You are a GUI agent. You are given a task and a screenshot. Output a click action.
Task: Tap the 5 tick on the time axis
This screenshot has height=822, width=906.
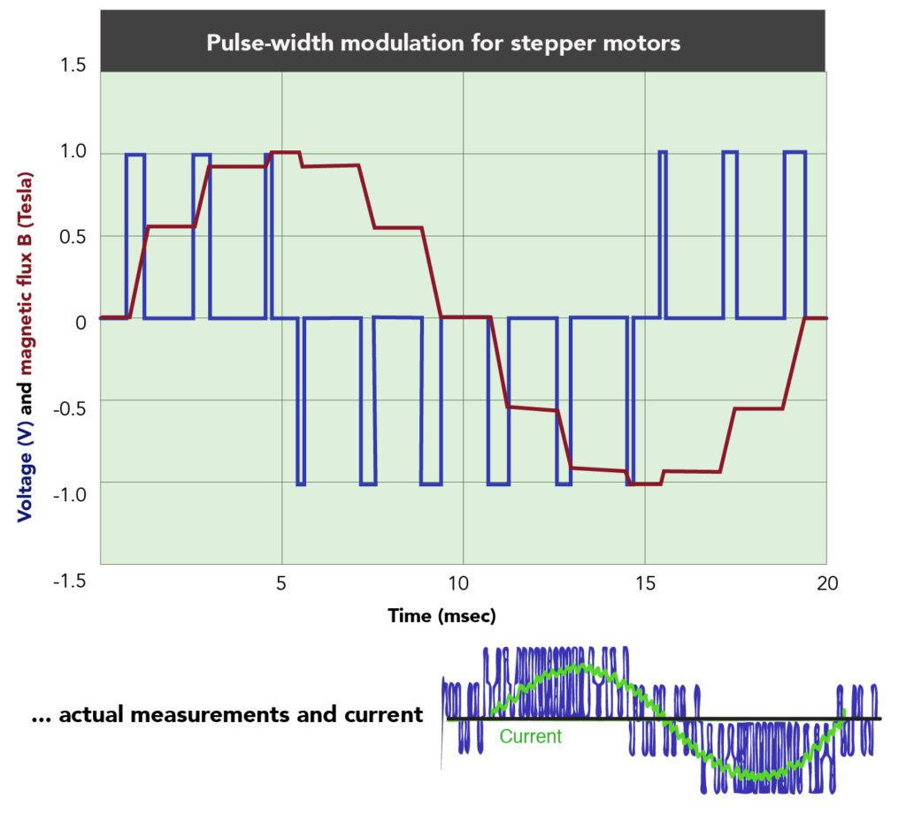(x=280, y=583)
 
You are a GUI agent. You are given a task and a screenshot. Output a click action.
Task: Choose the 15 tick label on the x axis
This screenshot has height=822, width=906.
(x=644, y=583)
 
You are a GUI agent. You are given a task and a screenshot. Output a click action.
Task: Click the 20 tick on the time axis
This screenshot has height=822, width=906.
(x=826, y=583)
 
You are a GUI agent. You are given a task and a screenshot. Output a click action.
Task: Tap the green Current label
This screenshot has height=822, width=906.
(x=530, y=736)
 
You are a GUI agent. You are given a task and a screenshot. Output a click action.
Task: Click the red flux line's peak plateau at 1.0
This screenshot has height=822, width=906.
(x=286, y=152)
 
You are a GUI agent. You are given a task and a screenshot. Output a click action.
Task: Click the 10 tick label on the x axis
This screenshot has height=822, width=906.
(x=460, y=583)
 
